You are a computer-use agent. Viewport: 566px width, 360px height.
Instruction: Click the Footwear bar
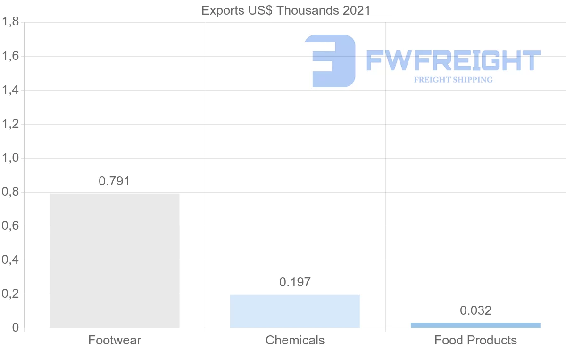point(114,260)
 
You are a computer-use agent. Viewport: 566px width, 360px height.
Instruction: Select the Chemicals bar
point(295,311)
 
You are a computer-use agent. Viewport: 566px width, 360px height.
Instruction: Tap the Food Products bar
point(475,325)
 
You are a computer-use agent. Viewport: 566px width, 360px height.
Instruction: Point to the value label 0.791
point(114,181)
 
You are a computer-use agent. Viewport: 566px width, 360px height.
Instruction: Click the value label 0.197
point(295,282)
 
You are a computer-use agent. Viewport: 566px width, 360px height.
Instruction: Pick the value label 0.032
point(475,310)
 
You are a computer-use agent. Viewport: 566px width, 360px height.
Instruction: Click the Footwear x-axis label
point(115,340)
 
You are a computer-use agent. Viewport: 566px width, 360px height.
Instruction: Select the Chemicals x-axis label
point(295,340)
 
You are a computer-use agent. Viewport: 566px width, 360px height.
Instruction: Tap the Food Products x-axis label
point(475,340)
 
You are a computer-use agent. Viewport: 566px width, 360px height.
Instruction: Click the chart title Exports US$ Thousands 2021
point(286,10)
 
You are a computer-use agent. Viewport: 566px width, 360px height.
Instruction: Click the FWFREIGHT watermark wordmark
point(453,61)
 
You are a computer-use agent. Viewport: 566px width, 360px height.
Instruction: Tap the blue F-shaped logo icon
point(330,61)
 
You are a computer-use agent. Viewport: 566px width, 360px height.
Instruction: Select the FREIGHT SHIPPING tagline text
point(453,80)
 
